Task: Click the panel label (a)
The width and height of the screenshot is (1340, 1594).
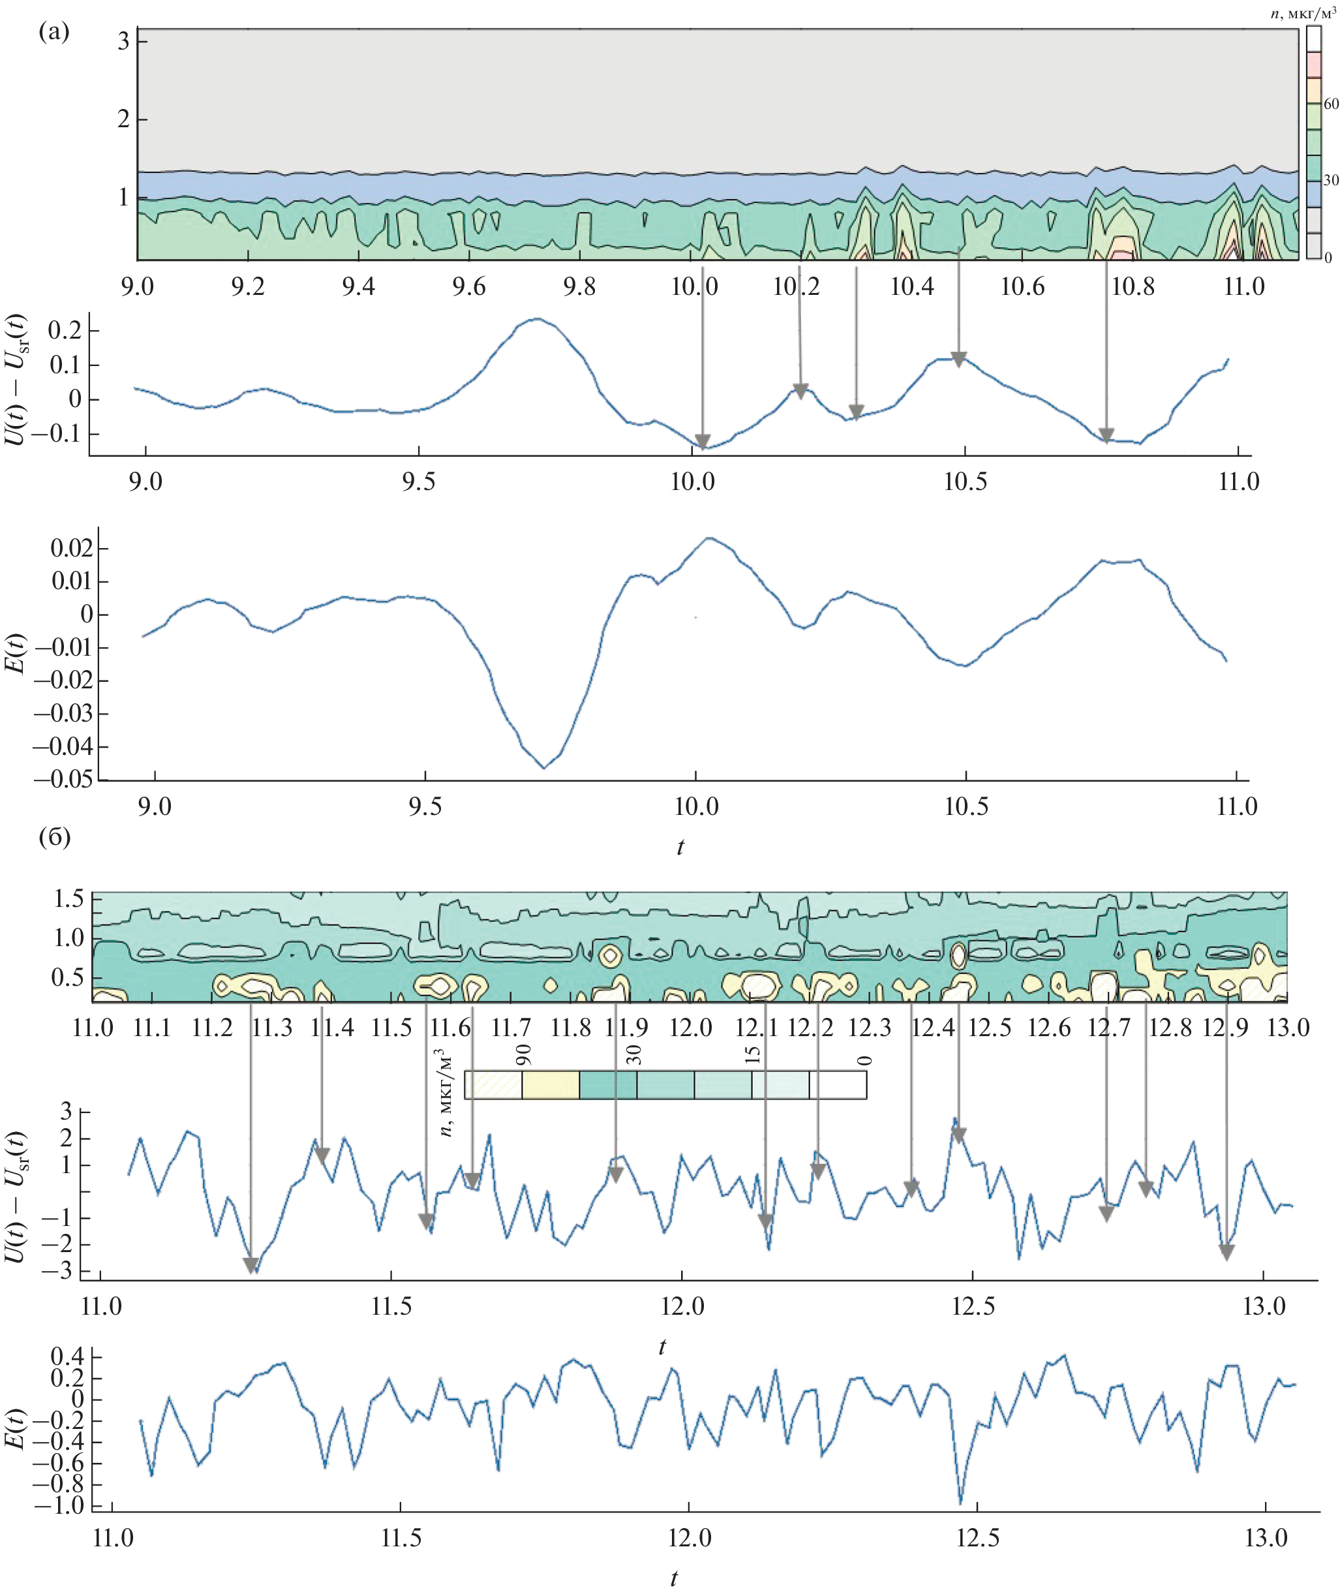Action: pyautogui.click(x=54, y=32)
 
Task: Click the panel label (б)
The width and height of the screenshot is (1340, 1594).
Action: pyautogui.click(x=54, y=837)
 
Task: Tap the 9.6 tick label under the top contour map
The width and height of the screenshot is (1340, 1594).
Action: pyautogui.click(x=468, y=286)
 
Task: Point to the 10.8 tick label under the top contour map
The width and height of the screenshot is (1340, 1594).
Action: pyautogui.click(x=1133, y=286)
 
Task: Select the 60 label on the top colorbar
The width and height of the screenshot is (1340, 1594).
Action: pyautogui.click(x=1331, y=104)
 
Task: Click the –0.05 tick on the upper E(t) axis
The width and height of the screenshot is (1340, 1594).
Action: pyautogui.click(x=64, y=779)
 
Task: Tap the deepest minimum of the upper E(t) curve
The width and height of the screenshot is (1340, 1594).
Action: pyautogui.click(x=544, y=768)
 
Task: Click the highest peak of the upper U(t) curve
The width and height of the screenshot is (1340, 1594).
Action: pyautogui.click(x=537, y=319)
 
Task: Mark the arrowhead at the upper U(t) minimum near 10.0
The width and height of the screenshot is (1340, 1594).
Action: pyautogui.click(x=703, y=442)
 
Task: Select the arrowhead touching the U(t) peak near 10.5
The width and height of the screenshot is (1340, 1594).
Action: pyautogui.click(x=958, y=360)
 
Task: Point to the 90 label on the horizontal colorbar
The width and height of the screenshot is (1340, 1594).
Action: pyautogui.click(x=523, y=1054)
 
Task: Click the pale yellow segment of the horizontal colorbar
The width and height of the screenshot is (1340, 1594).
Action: pyautogui.click(x=551, y=1084)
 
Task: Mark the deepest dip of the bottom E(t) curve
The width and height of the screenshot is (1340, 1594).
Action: pyautogui.click(x=960, y=1502)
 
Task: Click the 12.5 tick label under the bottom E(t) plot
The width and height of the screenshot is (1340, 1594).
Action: pyautogui.click(x=978, y=1539)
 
